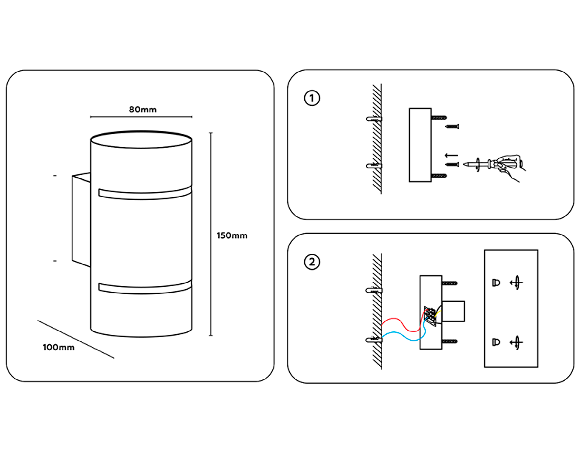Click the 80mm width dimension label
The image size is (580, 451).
(143, 110)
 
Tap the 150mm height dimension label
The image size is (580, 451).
(232, 235)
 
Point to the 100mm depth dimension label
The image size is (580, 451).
(59, 347)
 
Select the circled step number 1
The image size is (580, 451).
(312, 98)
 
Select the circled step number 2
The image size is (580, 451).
(312, 262)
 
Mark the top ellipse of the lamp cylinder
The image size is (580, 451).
(141, 140)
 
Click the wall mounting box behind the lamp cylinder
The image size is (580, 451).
(81, 219)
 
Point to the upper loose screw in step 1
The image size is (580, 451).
(452, 127)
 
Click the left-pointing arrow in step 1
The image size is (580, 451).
(451, 156)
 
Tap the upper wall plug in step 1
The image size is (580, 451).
(374, 119)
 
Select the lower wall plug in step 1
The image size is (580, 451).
(374, 166)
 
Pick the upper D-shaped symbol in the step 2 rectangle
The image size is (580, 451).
(496, 283)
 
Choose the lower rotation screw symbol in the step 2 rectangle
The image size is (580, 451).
(516, 342)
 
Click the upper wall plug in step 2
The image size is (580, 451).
(374, 290)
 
